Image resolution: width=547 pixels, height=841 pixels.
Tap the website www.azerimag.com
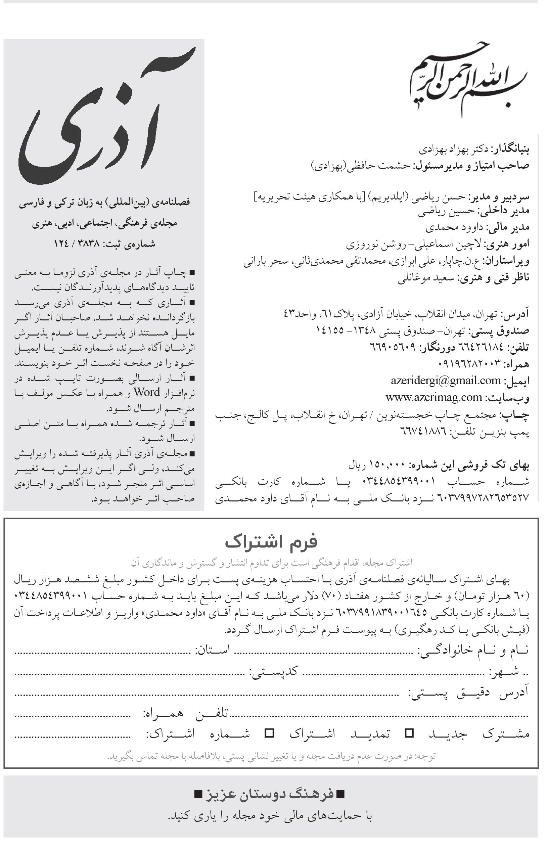pyautogui.click(x=434, y=397)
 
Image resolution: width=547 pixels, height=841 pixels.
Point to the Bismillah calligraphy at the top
pyautogui.click(x=466, y=80)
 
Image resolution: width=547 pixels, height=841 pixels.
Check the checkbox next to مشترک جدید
pyautogui.click(x=409, y=733)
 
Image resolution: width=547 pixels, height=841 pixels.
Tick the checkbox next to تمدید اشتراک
pyautogui.click(x=269, y=733)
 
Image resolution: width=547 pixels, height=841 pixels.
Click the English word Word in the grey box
pyautogui.click(x=146, y=393)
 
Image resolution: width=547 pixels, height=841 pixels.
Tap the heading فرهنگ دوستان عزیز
pyautogui.click(x=269, y=794)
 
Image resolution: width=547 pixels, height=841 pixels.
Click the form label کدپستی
pyautogui.click(x=274, y=671)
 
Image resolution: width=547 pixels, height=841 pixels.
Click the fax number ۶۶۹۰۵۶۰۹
pyautogui.click(x=393, y=347)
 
